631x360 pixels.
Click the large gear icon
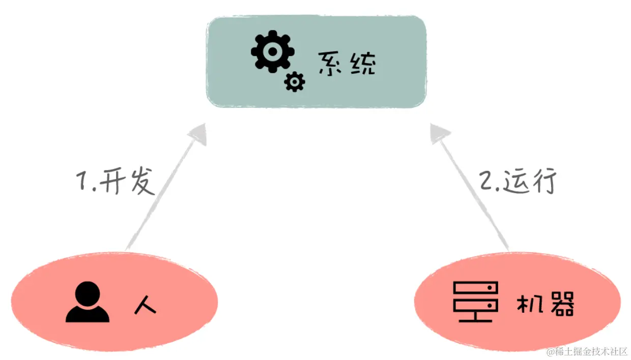coord(272,51)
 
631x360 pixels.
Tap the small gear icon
coord(295,82)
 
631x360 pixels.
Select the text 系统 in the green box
coord(348,64)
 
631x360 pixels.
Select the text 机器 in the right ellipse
coord(545,304)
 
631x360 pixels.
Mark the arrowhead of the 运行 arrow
coord(439,133)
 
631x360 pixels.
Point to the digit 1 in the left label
coord(83,182)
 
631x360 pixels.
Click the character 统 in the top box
coord(363,64)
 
